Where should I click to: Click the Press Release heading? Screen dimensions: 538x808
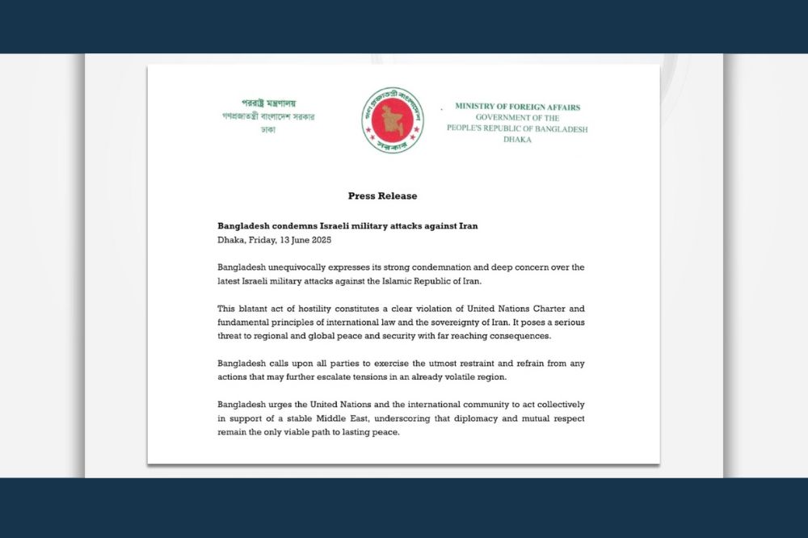382,196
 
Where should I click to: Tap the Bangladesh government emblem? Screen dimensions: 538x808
392,120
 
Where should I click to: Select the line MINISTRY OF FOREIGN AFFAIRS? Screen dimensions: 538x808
517,107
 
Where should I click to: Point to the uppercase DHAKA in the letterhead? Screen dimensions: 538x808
517,140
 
